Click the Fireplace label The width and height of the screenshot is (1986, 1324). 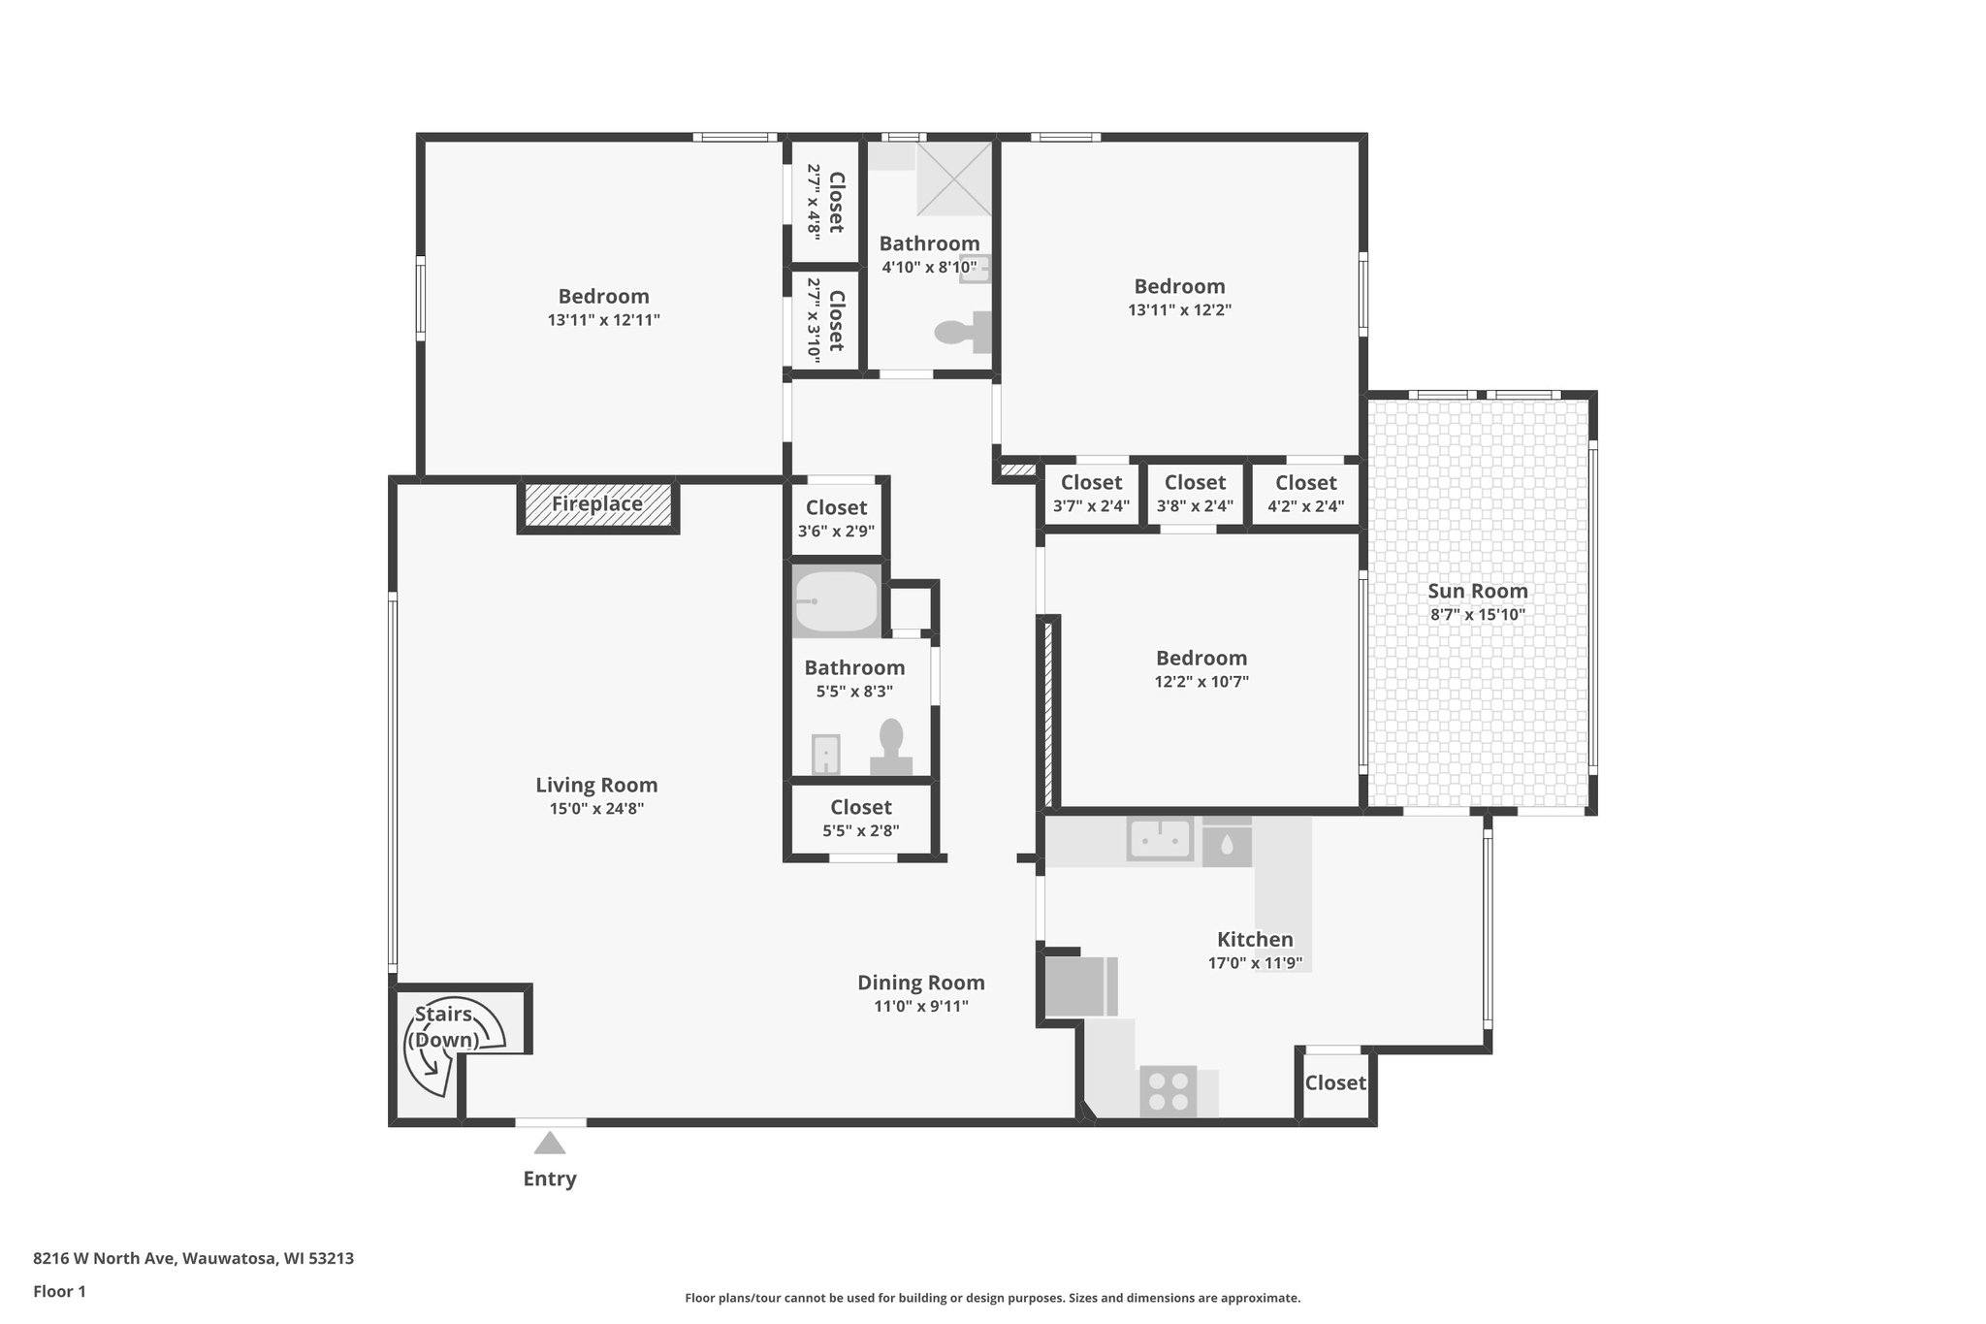click(x=597, y=504)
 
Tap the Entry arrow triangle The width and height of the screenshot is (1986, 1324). click(x=550, y=1144)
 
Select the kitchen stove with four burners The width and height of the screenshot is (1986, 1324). click(x=1168, y=1091)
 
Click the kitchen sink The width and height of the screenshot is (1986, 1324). click(x=1159, y=839)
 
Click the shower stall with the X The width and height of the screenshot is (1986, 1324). click(x=954, y=178)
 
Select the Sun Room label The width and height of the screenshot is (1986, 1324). click(x=1478, y=591)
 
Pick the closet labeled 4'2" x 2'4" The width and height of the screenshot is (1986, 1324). click(x=1305, y=494)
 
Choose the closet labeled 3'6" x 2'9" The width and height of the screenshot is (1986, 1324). click(x=836, y=518)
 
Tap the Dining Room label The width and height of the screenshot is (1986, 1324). click(x=920, y=983)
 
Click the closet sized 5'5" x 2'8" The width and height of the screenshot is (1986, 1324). click(x=860, y=818)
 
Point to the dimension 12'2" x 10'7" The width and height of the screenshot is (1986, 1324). click(x=1201, y=682)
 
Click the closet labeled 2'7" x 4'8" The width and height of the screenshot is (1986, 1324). click(x=825, y=202)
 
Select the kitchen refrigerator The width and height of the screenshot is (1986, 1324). click(x=1078, y=986)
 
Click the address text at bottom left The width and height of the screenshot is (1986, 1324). click(x=193, y=1259)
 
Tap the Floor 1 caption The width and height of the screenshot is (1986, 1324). click(x=59, y=1291)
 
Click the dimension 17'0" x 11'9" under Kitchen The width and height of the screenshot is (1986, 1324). click(x=1255, y=963)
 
